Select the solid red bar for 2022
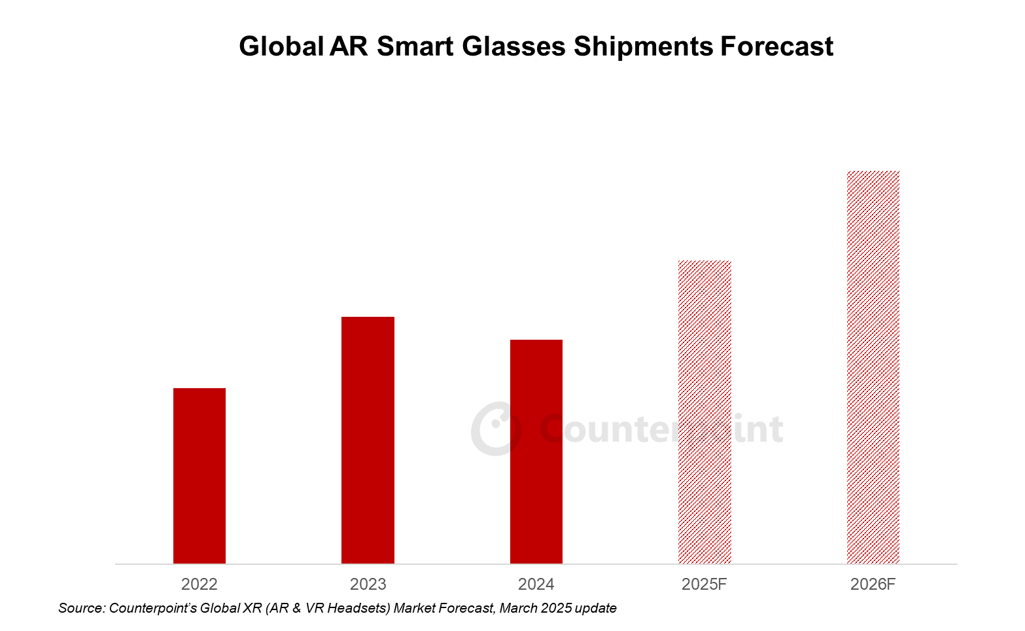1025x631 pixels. click(200, 476)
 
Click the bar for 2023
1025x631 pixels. click(368, 440)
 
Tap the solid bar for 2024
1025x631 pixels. click(536, 452)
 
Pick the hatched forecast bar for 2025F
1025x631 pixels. click(704, 412)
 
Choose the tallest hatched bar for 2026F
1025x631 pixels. click(873, 367)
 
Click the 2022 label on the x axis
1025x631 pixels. click(200, 584)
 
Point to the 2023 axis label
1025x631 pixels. click(368, 584)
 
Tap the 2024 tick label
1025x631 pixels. click(536, 584)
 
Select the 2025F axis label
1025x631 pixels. click(704, 584)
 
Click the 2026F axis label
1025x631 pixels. click(873, 584)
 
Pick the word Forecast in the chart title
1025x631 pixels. click(777, 47)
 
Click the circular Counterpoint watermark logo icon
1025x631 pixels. click(496, 429)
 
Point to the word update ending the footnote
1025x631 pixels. click(595, 608)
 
